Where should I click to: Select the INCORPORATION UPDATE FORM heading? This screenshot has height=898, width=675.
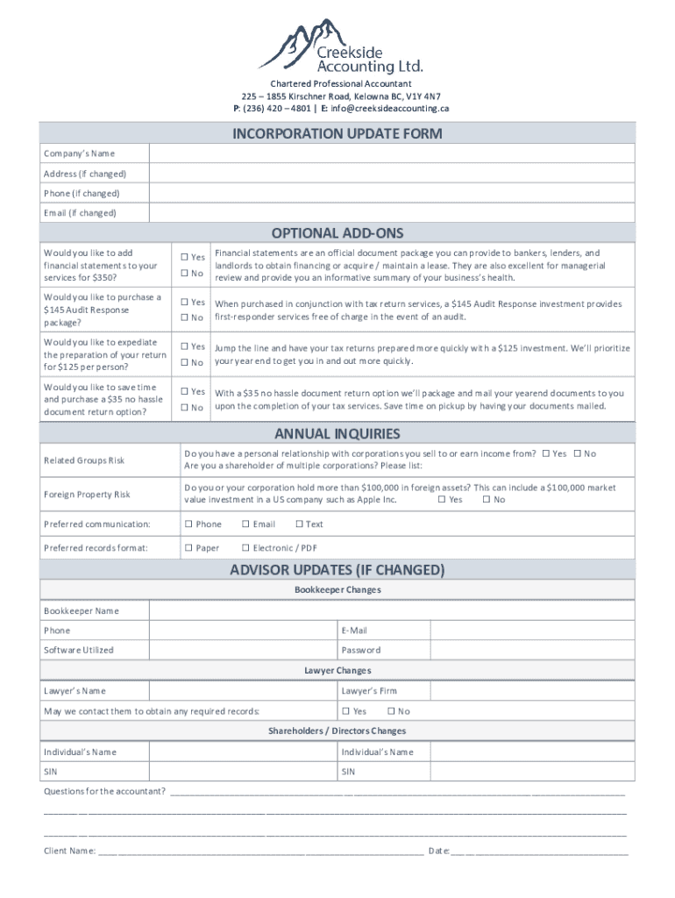pos(337,134)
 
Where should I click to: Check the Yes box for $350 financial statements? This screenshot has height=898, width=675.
pos(185,258)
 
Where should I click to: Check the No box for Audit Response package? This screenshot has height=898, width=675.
pos(185,317)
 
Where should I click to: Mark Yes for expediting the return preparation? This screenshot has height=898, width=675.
pos(185,347)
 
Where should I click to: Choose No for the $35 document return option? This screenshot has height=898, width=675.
pos(185,408)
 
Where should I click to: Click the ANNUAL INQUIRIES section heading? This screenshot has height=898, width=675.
pos(337,434)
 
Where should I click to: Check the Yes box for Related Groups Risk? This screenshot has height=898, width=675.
pos(547,454)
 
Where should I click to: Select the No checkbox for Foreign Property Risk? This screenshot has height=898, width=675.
pos(487,500)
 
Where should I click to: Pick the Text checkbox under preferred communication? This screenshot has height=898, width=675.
pos(300,524)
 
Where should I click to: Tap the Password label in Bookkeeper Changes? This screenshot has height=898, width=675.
pos(360,651)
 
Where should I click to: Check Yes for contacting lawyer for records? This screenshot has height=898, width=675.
pos(346,711)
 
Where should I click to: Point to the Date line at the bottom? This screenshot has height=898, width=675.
pos(539,851)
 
